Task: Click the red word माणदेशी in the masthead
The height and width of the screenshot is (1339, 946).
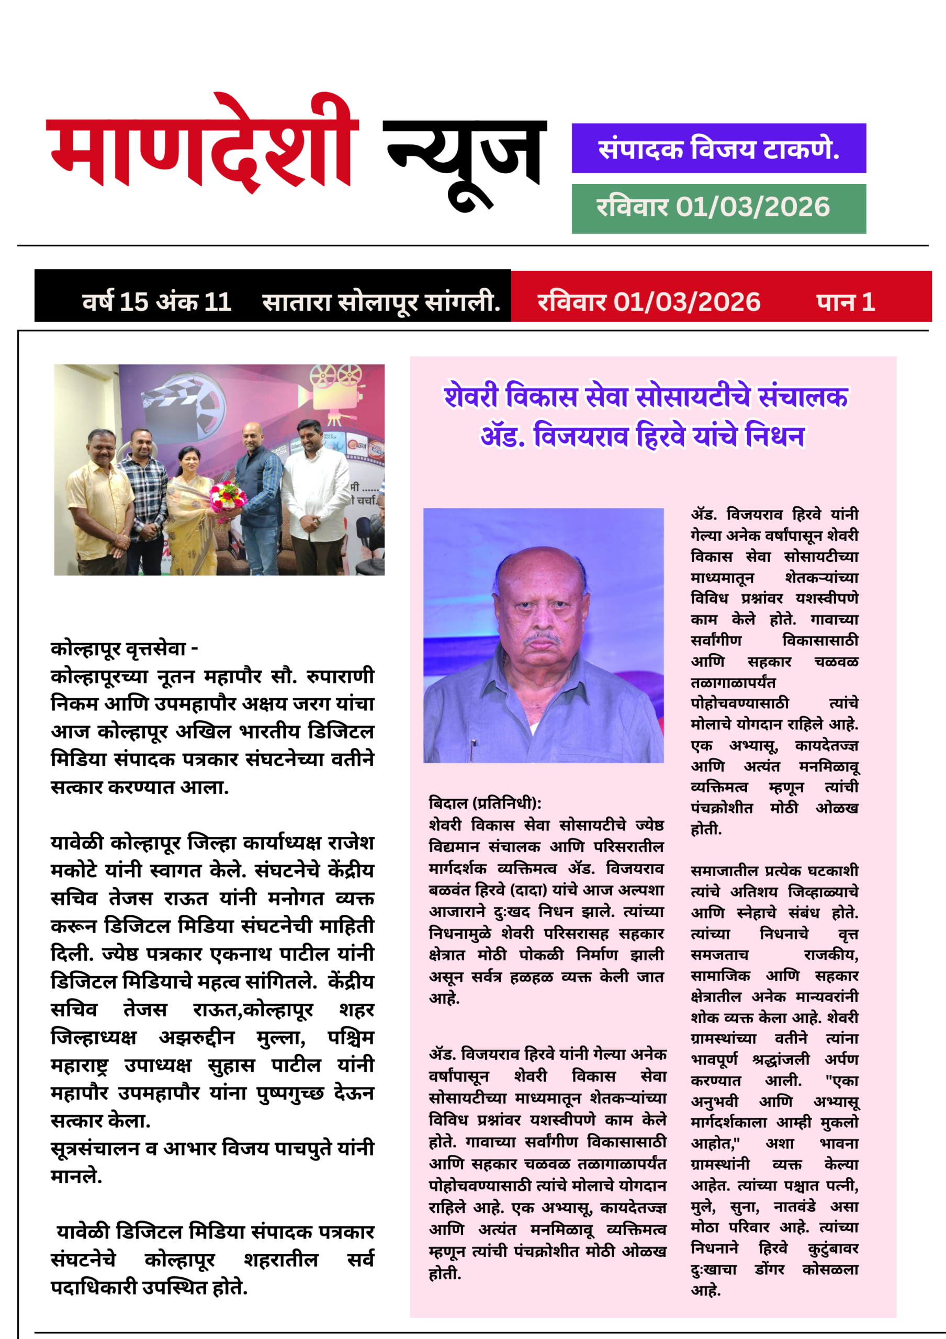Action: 201,149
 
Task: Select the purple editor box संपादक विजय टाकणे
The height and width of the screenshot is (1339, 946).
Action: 718,148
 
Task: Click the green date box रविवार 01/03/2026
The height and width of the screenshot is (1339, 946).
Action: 718,208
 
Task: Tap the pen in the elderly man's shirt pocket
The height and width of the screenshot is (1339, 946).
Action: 473,745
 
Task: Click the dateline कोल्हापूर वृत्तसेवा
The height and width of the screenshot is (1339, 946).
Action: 123,649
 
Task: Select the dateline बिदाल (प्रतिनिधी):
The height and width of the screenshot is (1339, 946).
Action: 485,803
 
